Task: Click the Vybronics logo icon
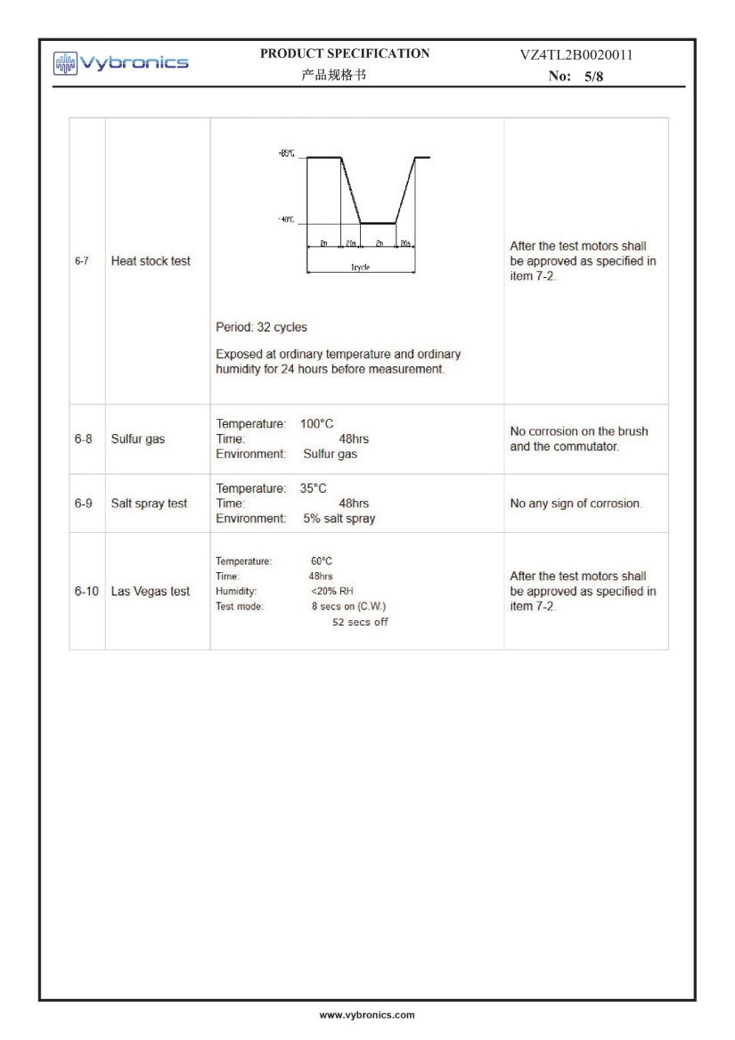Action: click(66, 62)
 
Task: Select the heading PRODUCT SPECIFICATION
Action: click(344, 53)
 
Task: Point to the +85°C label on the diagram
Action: click(286, 154)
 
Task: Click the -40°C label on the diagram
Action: click(286, 220)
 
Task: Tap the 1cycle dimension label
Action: click(361, 266)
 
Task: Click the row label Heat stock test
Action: click(151, 261)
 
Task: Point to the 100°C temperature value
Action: click(317, 423)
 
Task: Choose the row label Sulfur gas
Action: click(137, 438)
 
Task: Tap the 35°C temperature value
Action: click(314, 488)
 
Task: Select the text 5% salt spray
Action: click(339, 519)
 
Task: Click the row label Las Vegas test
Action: click(150, 591)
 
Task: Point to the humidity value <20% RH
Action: click(332, 591)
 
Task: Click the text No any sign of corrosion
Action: click(575, 504)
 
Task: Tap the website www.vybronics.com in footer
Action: click(367, 1015)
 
